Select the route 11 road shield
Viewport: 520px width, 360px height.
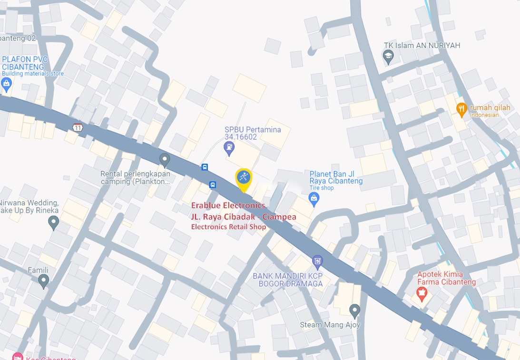coord(78,127)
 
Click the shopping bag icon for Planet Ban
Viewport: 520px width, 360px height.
coord(314,200)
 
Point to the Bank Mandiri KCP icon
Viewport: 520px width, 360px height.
coord(317,261)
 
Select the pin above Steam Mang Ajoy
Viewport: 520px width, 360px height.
coord(354,311)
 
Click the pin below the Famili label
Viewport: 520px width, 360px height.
coord(44,281)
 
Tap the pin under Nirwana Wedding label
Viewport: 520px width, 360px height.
coord(54,222)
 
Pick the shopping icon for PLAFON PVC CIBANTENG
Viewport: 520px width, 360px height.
coord(7,85)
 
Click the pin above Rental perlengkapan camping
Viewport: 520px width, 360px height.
coord(165,160)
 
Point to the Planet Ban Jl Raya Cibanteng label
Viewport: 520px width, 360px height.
coord(336,177)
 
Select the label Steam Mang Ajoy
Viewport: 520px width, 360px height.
coord(330,325)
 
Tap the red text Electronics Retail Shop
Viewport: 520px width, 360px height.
coord(228,227)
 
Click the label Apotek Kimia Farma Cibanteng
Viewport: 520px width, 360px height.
coord(446,278)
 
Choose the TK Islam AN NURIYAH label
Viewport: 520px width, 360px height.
coord(422,46)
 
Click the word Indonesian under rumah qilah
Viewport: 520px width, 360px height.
coord(484,115)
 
